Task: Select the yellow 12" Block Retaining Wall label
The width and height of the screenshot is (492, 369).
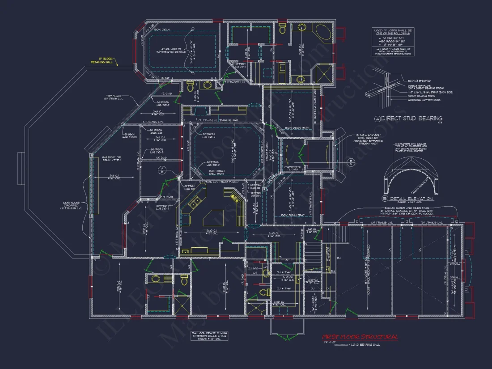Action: tap(108, 60)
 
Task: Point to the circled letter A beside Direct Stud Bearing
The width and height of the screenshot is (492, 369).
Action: tap(377, 119)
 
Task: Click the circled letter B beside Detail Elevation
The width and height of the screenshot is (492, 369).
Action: tap(385, 199)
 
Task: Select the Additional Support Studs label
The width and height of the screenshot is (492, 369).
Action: tap(424, 100)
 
